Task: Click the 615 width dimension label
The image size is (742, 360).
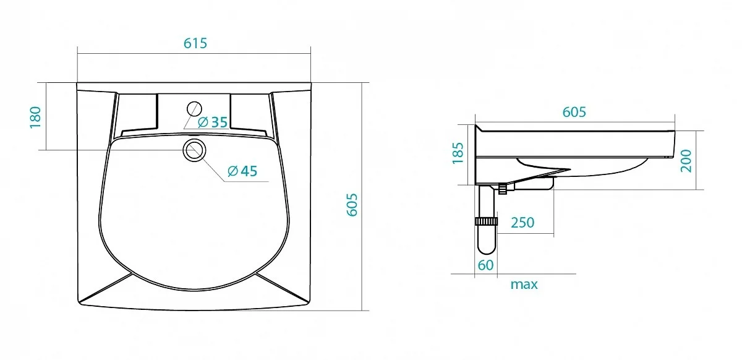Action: pos(195,43)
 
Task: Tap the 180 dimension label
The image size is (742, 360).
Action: pos(35,117)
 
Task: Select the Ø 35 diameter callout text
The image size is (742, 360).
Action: pos(213,122)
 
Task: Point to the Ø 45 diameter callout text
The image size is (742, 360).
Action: pos(242,171)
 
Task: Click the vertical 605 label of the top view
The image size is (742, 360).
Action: pos(352,205)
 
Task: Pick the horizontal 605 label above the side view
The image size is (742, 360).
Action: pos(574,112)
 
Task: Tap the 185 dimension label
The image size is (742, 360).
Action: pos(458,153)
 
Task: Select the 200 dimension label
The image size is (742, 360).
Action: pos(686,161)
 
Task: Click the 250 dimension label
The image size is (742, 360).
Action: pos(522,223)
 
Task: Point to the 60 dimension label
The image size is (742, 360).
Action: pos(485,265)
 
